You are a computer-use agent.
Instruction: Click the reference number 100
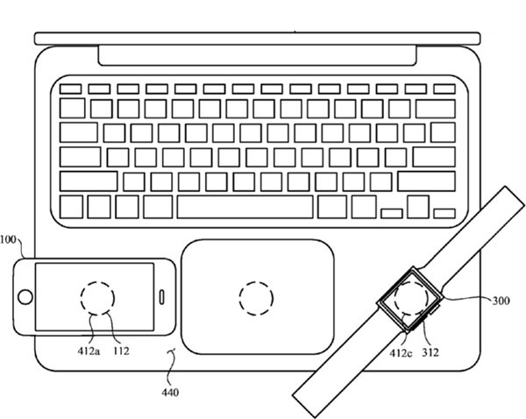pos(8,240)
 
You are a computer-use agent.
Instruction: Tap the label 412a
pos(89,352)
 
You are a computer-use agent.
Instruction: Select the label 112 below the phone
pos(121,352)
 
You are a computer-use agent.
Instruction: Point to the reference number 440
pos(170,392)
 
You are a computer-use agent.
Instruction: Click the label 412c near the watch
pos(401,353)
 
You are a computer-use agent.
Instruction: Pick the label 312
pos(430,352)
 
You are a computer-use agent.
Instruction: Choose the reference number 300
pos(501,301)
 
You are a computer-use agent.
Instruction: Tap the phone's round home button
pos(25,297)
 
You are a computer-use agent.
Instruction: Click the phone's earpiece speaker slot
pos(161,297)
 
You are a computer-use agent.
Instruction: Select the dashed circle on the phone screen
pos(97,281)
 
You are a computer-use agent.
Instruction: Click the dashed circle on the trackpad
pos(256,281)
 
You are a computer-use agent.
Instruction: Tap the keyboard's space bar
pos(245,207)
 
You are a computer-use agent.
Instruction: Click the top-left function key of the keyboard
pos(70,89)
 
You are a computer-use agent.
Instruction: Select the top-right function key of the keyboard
pos(444,89)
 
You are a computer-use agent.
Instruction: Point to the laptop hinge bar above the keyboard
pos(257,55)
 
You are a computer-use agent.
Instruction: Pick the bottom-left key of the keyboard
pos(71,207)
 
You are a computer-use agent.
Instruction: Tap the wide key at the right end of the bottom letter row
pos(426,181)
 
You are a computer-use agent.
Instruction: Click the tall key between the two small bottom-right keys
pos(418,207)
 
